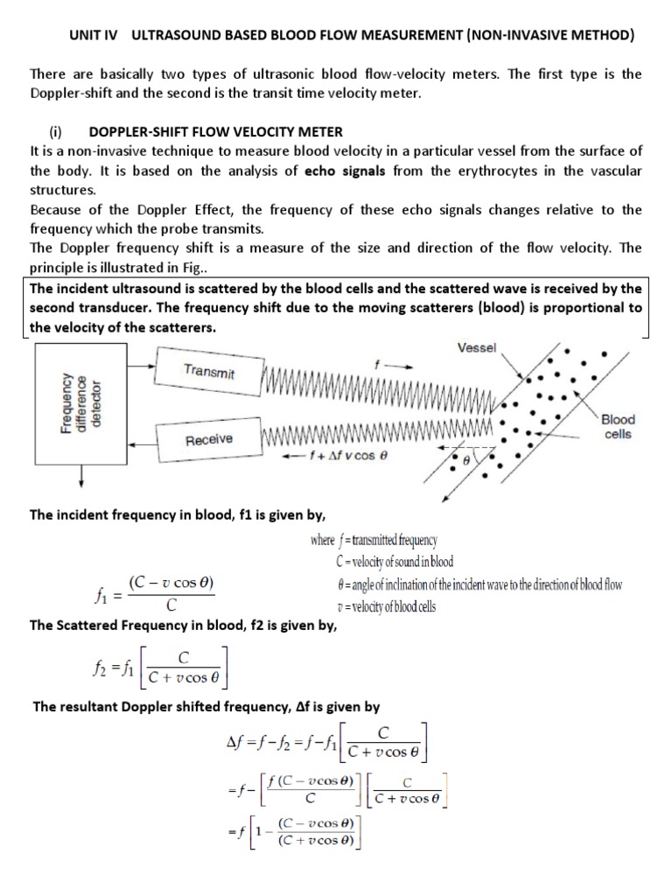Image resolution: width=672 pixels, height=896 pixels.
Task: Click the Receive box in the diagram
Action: click(208, 439)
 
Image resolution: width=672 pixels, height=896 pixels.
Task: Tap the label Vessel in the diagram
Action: click(477, 347)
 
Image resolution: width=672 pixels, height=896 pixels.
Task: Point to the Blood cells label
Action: click(618, 426)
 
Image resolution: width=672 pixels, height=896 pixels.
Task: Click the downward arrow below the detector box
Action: click(83, 478)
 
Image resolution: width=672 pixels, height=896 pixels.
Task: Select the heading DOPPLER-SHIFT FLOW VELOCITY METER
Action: click(216, 132)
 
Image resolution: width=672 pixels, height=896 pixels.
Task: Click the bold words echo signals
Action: click(347, 171)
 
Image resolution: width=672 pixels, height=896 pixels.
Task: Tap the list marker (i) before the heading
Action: click(57, 132)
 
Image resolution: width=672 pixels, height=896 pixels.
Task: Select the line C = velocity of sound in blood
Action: click(394, 561)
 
